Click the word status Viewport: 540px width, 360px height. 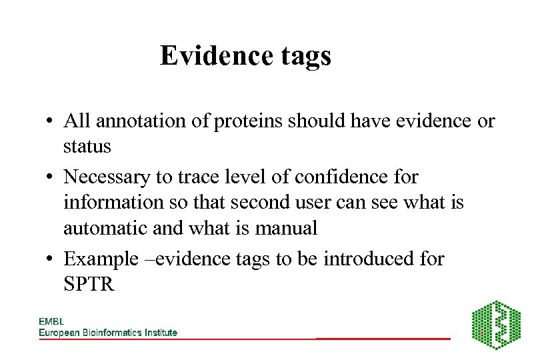tap(87, 145)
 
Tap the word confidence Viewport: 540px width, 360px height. tap(337, 177)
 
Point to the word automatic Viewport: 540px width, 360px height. tap(107, 228)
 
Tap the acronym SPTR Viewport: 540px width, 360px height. tap(88, 285)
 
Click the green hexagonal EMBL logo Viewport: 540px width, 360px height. tap(496, 325)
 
